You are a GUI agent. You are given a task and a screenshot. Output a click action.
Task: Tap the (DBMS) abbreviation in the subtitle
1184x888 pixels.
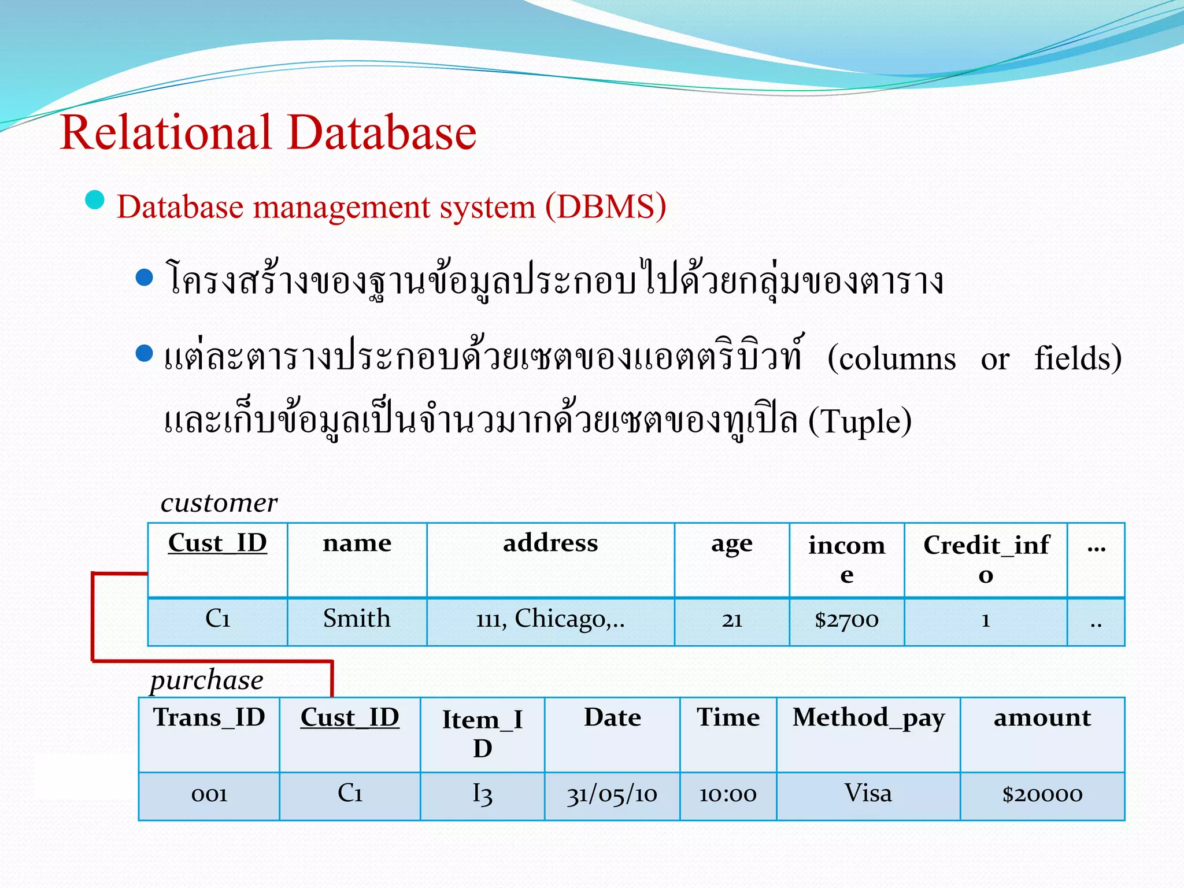(605, 206)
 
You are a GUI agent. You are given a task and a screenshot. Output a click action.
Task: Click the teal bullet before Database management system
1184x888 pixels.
(94, 200)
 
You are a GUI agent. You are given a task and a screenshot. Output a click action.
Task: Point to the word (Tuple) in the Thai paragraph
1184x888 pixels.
(860, 421)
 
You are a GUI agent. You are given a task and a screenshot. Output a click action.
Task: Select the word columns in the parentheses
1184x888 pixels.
(897, 359)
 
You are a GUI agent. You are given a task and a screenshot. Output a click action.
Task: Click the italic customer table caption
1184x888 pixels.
(219, 503)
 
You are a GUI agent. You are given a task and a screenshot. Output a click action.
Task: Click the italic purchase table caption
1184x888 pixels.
(206, 680)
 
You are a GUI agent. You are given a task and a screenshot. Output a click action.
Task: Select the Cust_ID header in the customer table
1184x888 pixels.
(217, 543)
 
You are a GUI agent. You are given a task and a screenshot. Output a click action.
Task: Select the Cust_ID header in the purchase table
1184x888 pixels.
(350, 718)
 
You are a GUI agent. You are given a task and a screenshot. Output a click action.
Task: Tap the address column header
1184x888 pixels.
(550, 543)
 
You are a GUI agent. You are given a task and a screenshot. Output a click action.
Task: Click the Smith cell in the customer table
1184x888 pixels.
(357, 619)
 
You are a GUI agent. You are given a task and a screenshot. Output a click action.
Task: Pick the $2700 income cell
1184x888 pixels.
(846, 620)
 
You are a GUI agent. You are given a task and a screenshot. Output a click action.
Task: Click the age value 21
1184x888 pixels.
(731, 620)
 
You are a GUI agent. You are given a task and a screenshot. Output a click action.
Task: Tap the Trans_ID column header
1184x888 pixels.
(209, 718)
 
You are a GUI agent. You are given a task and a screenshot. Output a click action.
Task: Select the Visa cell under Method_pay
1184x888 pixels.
(868, 793)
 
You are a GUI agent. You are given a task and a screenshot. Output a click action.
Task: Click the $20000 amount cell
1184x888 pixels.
(1042, 794)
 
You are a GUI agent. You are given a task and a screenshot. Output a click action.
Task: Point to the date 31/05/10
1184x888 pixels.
(612, 794)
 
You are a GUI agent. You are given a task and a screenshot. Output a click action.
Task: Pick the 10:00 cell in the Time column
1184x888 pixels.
(728, 794)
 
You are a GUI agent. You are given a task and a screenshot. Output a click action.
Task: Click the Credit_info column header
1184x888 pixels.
(986, 558)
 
